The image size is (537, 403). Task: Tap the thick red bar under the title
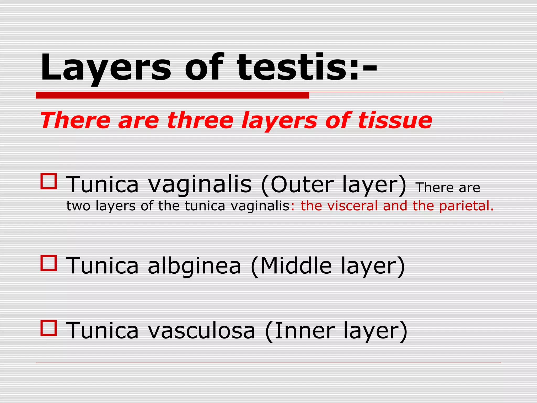[x=172, y=95]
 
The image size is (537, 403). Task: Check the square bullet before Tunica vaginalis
[x=49, y=181]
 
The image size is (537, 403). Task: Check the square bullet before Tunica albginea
[x=49, y=263]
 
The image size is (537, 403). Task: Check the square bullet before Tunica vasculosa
[x=49, y=328]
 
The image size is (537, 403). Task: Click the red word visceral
[x=353, y=206]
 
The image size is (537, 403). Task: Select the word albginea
[x=194, y=266]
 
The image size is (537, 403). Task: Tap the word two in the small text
[x=78, y=206]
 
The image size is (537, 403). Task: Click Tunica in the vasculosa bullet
[x=102, y=331]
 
